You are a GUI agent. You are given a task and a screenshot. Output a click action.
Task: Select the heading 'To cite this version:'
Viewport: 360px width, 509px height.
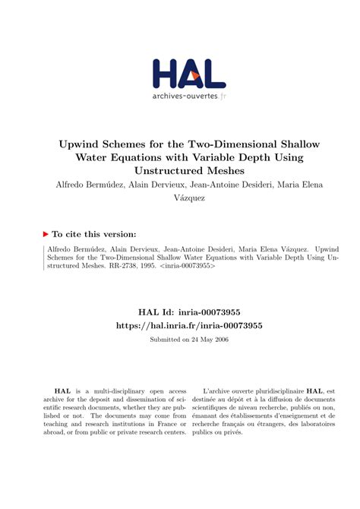[x=94, y=234]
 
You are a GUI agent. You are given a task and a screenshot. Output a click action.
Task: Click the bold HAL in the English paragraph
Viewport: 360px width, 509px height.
[x=55, y=387]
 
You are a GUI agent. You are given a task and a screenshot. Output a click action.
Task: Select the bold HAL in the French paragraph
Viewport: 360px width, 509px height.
[x=321, y=387]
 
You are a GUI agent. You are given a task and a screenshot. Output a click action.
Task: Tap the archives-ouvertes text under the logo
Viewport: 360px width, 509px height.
[x=185, y=96]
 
